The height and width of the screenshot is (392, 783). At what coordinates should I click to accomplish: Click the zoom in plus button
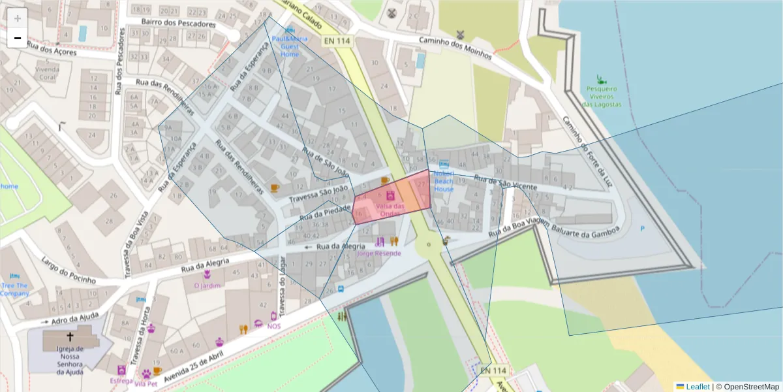(18, 18)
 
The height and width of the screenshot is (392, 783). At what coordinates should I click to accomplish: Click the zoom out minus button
(18, 39)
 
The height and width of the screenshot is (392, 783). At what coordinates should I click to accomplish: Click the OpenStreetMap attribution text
(751, 386)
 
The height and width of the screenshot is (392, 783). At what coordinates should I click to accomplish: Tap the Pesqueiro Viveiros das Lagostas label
(602, 95)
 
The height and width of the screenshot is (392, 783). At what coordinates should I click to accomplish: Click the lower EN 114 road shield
(493, 370)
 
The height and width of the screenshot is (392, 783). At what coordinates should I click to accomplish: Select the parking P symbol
(642, 228)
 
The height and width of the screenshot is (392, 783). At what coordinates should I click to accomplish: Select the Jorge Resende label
(379, 253)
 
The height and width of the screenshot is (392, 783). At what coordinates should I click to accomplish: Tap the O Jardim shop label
(207, 285)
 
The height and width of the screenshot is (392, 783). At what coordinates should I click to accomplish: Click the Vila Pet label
(147, 384)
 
